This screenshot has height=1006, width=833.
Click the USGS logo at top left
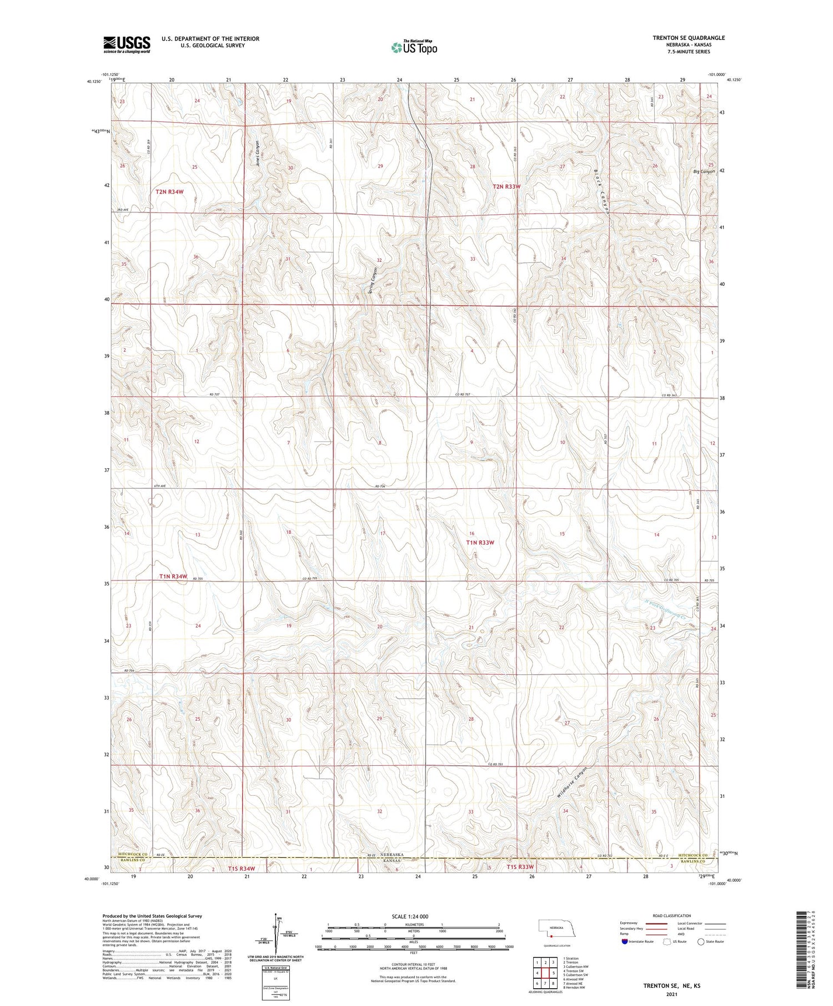pyautogui.click(x=127, y=44)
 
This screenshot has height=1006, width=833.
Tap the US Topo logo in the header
pyautogui.click(x=414, y=47)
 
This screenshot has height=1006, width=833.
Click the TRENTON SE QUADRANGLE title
pyautogui.click(x=689, y=38)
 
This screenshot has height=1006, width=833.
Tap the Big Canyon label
pyautogui.click(x=704, y=171)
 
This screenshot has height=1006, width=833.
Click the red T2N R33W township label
pyautogui.click(x=506, y=187)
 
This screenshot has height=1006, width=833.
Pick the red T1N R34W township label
pyautogui.click(x=173, y=577)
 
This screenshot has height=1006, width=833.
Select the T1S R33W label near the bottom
pyautogui.click(x=520, y=867)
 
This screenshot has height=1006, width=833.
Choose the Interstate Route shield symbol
pyautogui.click(x=625, y=942)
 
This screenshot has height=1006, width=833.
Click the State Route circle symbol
pyautogui.click(x=701, y=942)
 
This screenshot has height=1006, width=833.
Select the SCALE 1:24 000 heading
pyautogui.click(x=413, y=916)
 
